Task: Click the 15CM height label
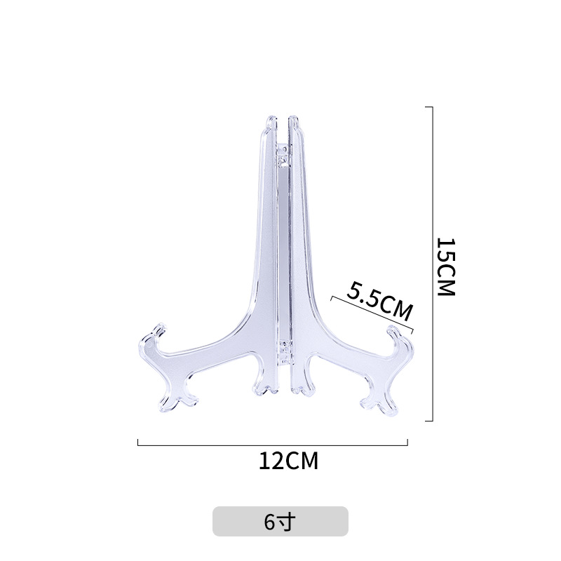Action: point(446,266)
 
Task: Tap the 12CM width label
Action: point(288,461)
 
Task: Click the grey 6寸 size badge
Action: point(280,522)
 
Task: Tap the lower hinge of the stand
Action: point(283,351)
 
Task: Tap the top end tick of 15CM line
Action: point(429,107)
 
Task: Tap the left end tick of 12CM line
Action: point(138,442)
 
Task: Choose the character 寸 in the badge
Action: point(288,522)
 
